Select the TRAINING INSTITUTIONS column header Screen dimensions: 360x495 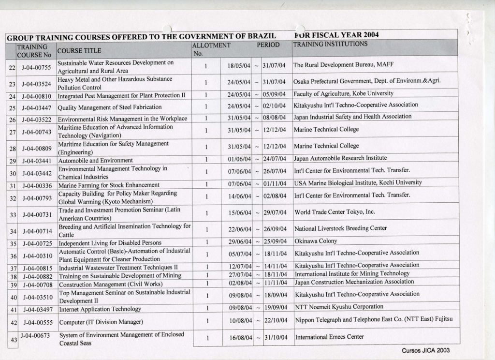(x=330, y=44)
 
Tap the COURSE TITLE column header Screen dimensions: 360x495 (x=79, y=50)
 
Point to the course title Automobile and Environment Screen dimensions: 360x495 (x=95, y=160)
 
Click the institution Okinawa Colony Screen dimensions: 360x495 (x=316, y=241)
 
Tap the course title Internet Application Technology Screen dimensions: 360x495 (x=100, y=309)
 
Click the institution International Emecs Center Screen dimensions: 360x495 (x=329, y=337)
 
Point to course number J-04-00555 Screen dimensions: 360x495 (x=37, y=322)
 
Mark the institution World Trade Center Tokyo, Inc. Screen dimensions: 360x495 (x=335, y=211)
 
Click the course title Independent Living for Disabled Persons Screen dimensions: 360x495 (x=110, y=242)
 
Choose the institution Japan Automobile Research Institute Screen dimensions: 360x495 (x=340, y=158)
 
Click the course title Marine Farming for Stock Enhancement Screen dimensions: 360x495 (x=109, y=185)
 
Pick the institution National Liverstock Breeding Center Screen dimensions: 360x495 (x=341, y=228)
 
